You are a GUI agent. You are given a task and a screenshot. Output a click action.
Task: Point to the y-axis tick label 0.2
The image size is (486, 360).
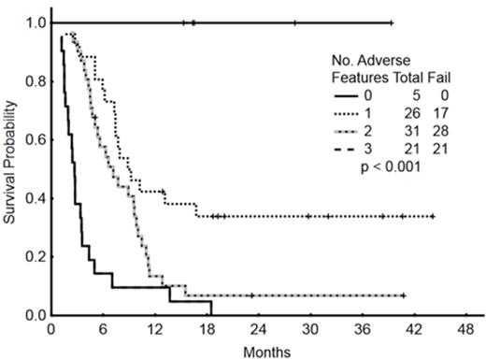(x=36, y=256)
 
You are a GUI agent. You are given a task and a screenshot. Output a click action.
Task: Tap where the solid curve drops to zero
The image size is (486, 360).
(x=211, y=314)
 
